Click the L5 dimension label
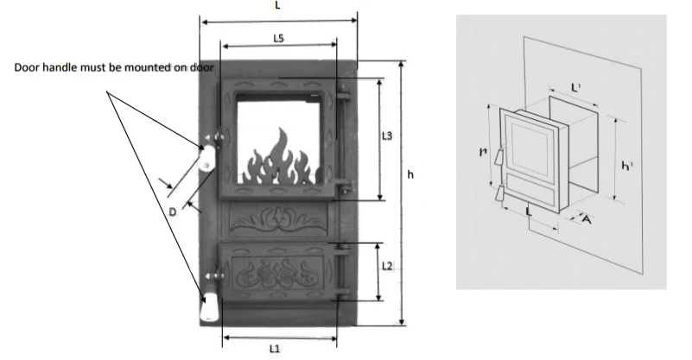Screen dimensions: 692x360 click(278, 38)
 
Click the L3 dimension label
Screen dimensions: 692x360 click(387, 136)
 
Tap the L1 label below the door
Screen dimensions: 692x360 click(275, 347)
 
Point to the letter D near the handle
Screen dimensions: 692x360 click(173, 211)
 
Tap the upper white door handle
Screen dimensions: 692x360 click(206, 159)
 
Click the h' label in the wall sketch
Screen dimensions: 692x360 click(625, 165)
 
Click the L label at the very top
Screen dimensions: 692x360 click(278, 4)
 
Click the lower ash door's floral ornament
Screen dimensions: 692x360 click(278, 272)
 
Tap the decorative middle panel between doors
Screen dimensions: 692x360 click(278, 221)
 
